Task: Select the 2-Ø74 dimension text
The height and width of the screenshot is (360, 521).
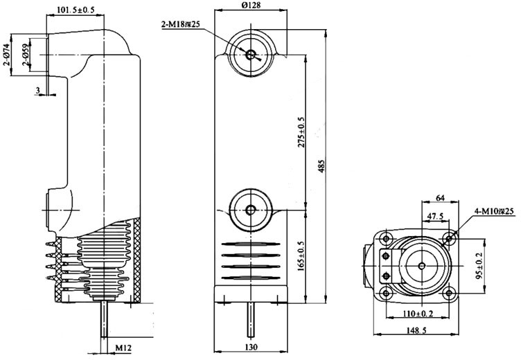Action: point(6,54)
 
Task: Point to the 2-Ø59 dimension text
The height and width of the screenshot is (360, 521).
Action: point(26,55)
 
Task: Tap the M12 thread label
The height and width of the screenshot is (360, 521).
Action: point(123,346)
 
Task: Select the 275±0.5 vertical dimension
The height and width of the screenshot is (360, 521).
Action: point(300,132)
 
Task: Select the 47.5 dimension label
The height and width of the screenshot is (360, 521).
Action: point(434,216)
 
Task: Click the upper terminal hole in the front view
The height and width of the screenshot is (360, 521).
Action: point(249,54)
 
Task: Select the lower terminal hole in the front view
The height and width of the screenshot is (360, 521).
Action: point(249,209)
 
